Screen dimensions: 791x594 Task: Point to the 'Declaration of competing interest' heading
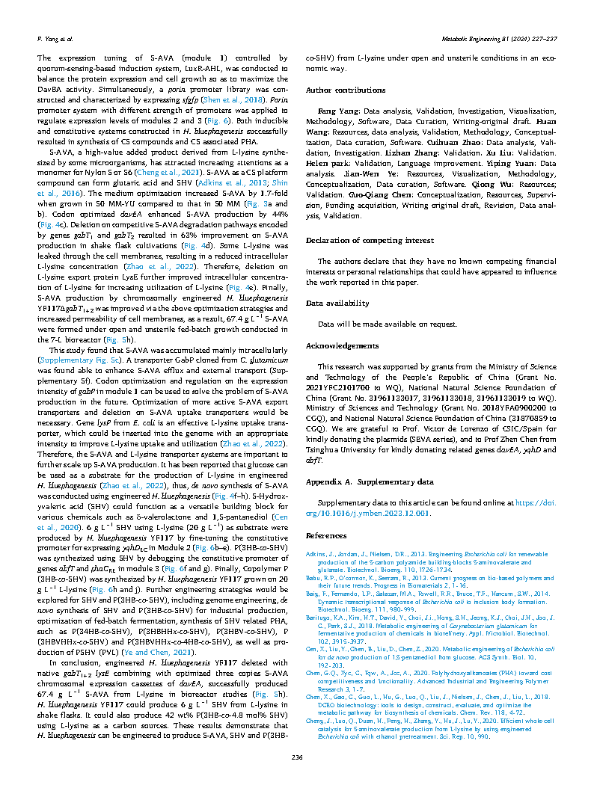point(370,241)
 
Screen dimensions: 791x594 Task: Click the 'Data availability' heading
point(337,304)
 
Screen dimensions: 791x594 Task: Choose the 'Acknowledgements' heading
point(343,346)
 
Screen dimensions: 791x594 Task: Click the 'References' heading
point(327,536)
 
